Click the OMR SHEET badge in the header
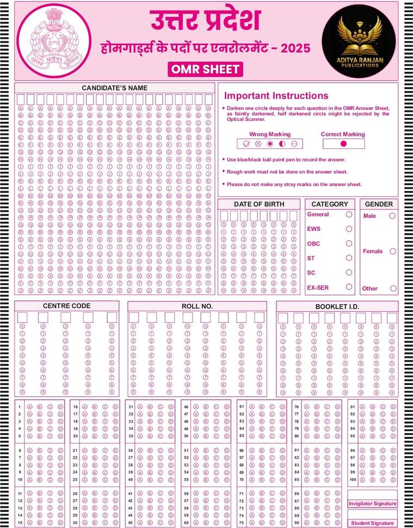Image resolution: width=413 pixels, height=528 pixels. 206,70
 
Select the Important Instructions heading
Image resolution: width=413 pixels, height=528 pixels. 276,96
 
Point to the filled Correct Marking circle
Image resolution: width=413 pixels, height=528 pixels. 343,144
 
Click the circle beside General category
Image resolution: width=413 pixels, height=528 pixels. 349,215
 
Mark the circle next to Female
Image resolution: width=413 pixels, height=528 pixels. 392,252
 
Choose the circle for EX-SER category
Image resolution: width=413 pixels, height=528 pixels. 349,287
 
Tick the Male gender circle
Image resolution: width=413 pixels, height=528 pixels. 392,216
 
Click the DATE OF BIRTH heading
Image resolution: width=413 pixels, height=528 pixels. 259,204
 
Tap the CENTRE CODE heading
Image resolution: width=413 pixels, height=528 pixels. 66,306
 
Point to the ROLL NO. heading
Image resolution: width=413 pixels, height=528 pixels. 197,306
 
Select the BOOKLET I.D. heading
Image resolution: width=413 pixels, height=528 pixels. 337,307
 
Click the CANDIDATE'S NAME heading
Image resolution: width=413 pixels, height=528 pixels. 115,88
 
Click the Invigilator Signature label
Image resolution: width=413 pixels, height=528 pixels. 373,504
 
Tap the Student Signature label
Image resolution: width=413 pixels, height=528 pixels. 373,523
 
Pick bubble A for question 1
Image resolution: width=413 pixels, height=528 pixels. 29,407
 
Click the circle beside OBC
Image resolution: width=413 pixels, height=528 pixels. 349,243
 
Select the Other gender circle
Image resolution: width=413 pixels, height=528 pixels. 393,288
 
